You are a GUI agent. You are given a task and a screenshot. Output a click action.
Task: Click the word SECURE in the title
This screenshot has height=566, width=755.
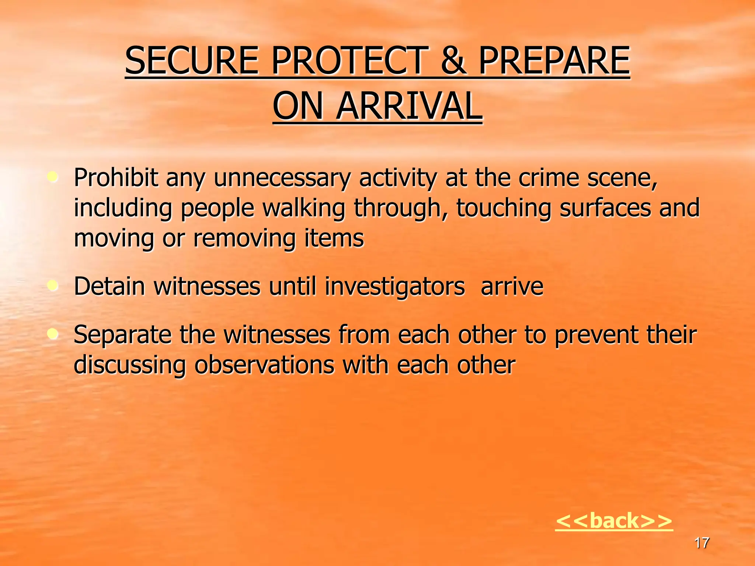pyautogui.click(x=192, y=61)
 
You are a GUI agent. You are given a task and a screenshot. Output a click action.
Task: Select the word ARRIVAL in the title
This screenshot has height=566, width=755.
pyautogui.click(x=409, y=106)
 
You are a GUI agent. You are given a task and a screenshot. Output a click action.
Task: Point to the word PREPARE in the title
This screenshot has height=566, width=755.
pyautogui.click(x=554, y=61)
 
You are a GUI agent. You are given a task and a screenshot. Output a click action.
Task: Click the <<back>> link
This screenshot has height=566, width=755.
pyautogui.click(x=614, y=521)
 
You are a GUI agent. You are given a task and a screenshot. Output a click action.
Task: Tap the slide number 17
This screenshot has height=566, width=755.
pyautogui.click(x=701, y=543)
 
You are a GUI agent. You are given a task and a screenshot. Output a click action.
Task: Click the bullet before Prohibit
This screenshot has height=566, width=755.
pyautogui.click(x=53, y=178)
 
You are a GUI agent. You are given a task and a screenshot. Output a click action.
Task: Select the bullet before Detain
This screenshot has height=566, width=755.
pyautogui.click(x=53, y=285)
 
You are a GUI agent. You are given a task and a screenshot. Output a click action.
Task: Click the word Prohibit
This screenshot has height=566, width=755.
pyautogui.click(x=116, y=178)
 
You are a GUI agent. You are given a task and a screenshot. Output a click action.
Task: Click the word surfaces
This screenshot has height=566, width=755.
pyautogui.click(x=605, y=208)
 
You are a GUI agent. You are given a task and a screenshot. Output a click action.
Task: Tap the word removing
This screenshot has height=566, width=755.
pyautogui.click(x=244, y=238)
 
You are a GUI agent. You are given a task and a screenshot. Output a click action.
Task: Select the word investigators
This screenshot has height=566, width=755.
pyautogui.click(x=394, y=287)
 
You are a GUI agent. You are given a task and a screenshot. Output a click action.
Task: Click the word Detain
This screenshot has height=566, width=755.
pyautogui.click(x=109, y=286)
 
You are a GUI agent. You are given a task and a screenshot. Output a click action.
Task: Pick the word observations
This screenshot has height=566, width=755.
pyautogui.click(x=264, y=365)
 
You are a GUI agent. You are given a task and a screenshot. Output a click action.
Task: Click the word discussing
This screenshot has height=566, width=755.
pyautogui.click(x=130, y=365)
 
